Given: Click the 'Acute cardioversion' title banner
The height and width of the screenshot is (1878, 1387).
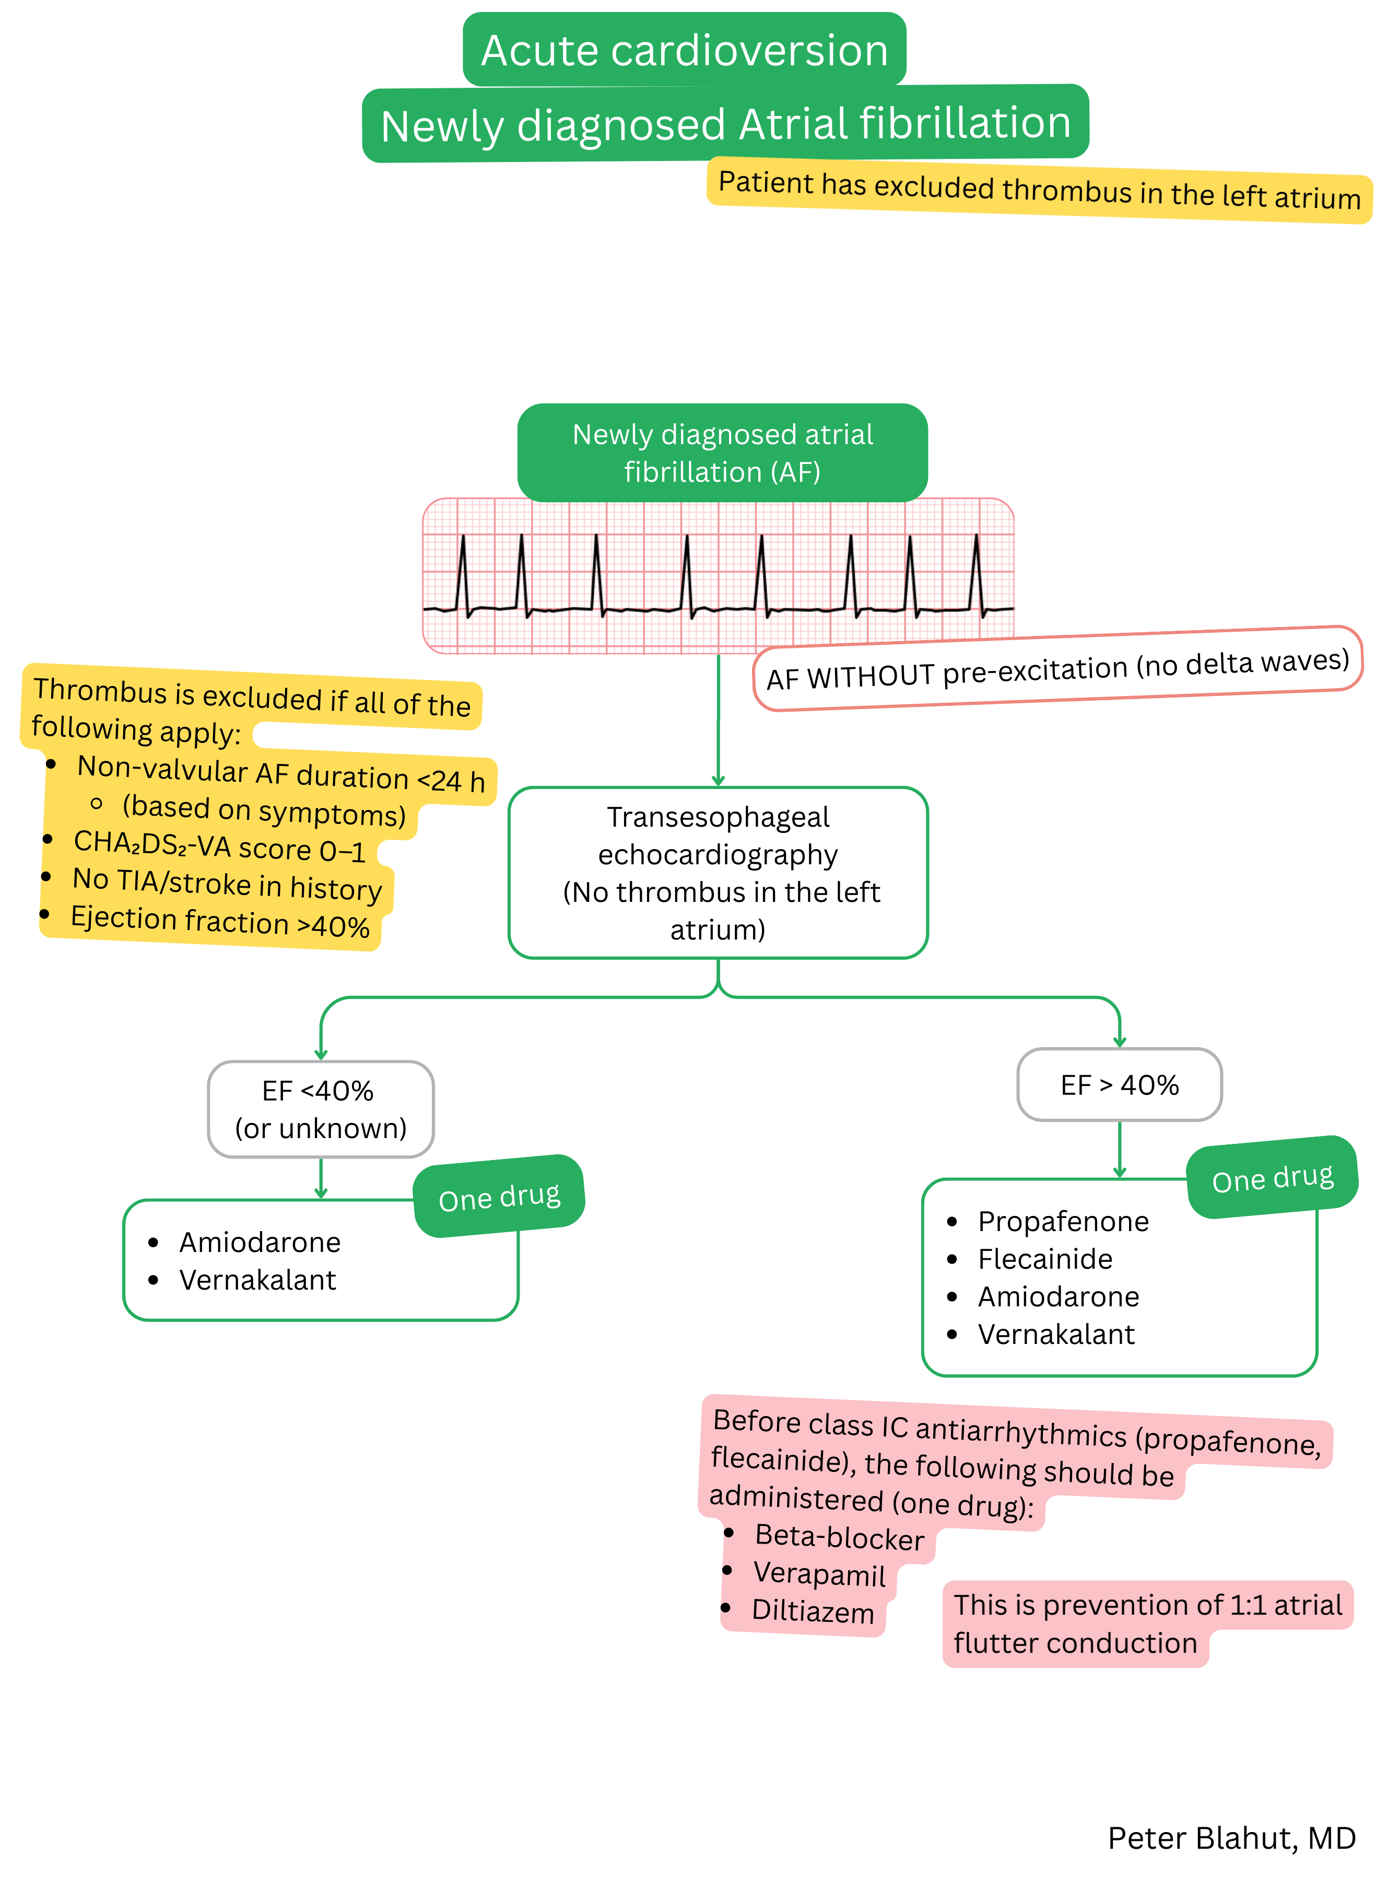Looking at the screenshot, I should pyautogui.click(x=684, y=50).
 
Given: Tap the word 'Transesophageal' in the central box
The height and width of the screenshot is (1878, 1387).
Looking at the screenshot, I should pyautogui.click(x=718, y=816).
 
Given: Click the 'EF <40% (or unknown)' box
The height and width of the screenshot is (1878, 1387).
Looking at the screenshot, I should pyautogui.click(x=321, y=1109).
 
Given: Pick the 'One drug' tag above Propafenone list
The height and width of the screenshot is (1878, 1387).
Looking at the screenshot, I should pyautogui.click(x=1272, y=1177).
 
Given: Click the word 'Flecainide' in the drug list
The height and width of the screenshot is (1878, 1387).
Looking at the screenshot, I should pyautogui.click(x=1044, y=1258).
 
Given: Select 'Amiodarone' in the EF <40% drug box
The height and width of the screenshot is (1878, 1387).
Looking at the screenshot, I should pyautogui.click(x=260, y=1242).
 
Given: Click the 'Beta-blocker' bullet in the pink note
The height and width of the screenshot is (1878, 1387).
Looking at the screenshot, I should pyautogui.click(x=839, y=1537).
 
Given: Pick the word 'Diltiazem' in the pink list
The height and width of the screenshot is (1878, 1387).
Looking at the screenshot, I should pyautogui.click(x=813, y=1611).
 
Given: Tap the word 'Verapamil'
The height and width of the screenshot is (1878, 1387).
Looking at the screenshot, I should pyautogui.click(x=819, y=1574).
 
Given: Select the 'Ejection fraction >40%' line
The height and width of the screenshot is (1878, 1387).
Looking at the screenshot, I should pyautogui.click(x=219, y=921).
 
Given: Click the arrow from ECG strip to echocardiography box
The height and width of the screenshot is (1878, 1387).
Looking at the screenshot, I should pyautogui.click(x=718, y=722).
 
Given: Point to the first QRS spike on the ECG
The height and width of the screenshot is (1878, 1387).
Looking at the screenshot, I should pyautogui.click(x=463, y=571).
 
